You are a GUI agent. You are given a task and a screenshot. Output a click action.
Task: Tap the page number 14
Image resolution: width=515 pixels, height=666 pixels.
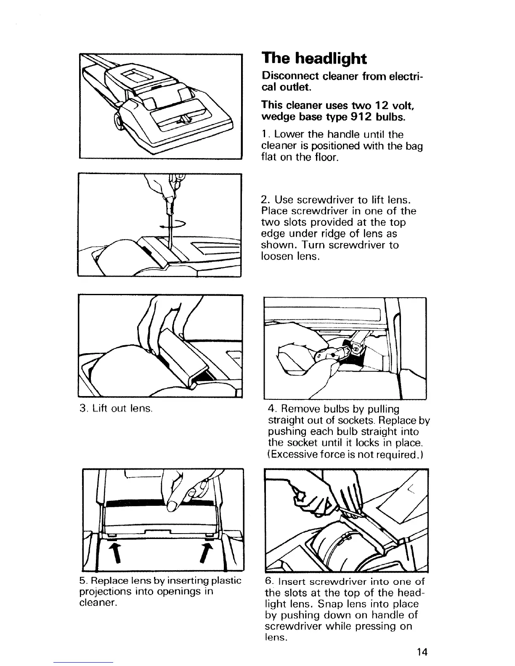tap(422, 652)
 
